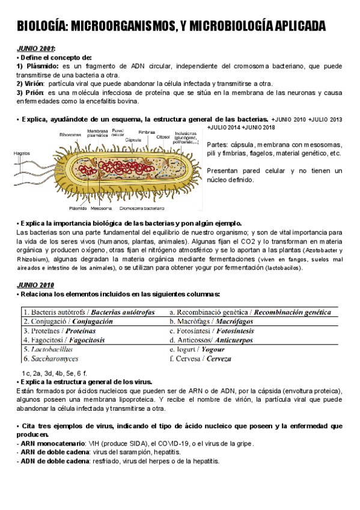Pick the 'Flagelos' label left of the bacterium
coord(23,154)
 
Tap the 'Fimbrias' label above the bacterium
coord(147,132)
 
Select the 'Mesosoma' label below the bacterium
coord(101,209)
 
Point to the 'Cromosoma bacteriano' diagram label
coord(142,209)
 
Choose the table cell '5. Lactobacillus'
coord(48,349)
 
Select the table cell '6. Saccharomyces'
coord(50,358)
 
